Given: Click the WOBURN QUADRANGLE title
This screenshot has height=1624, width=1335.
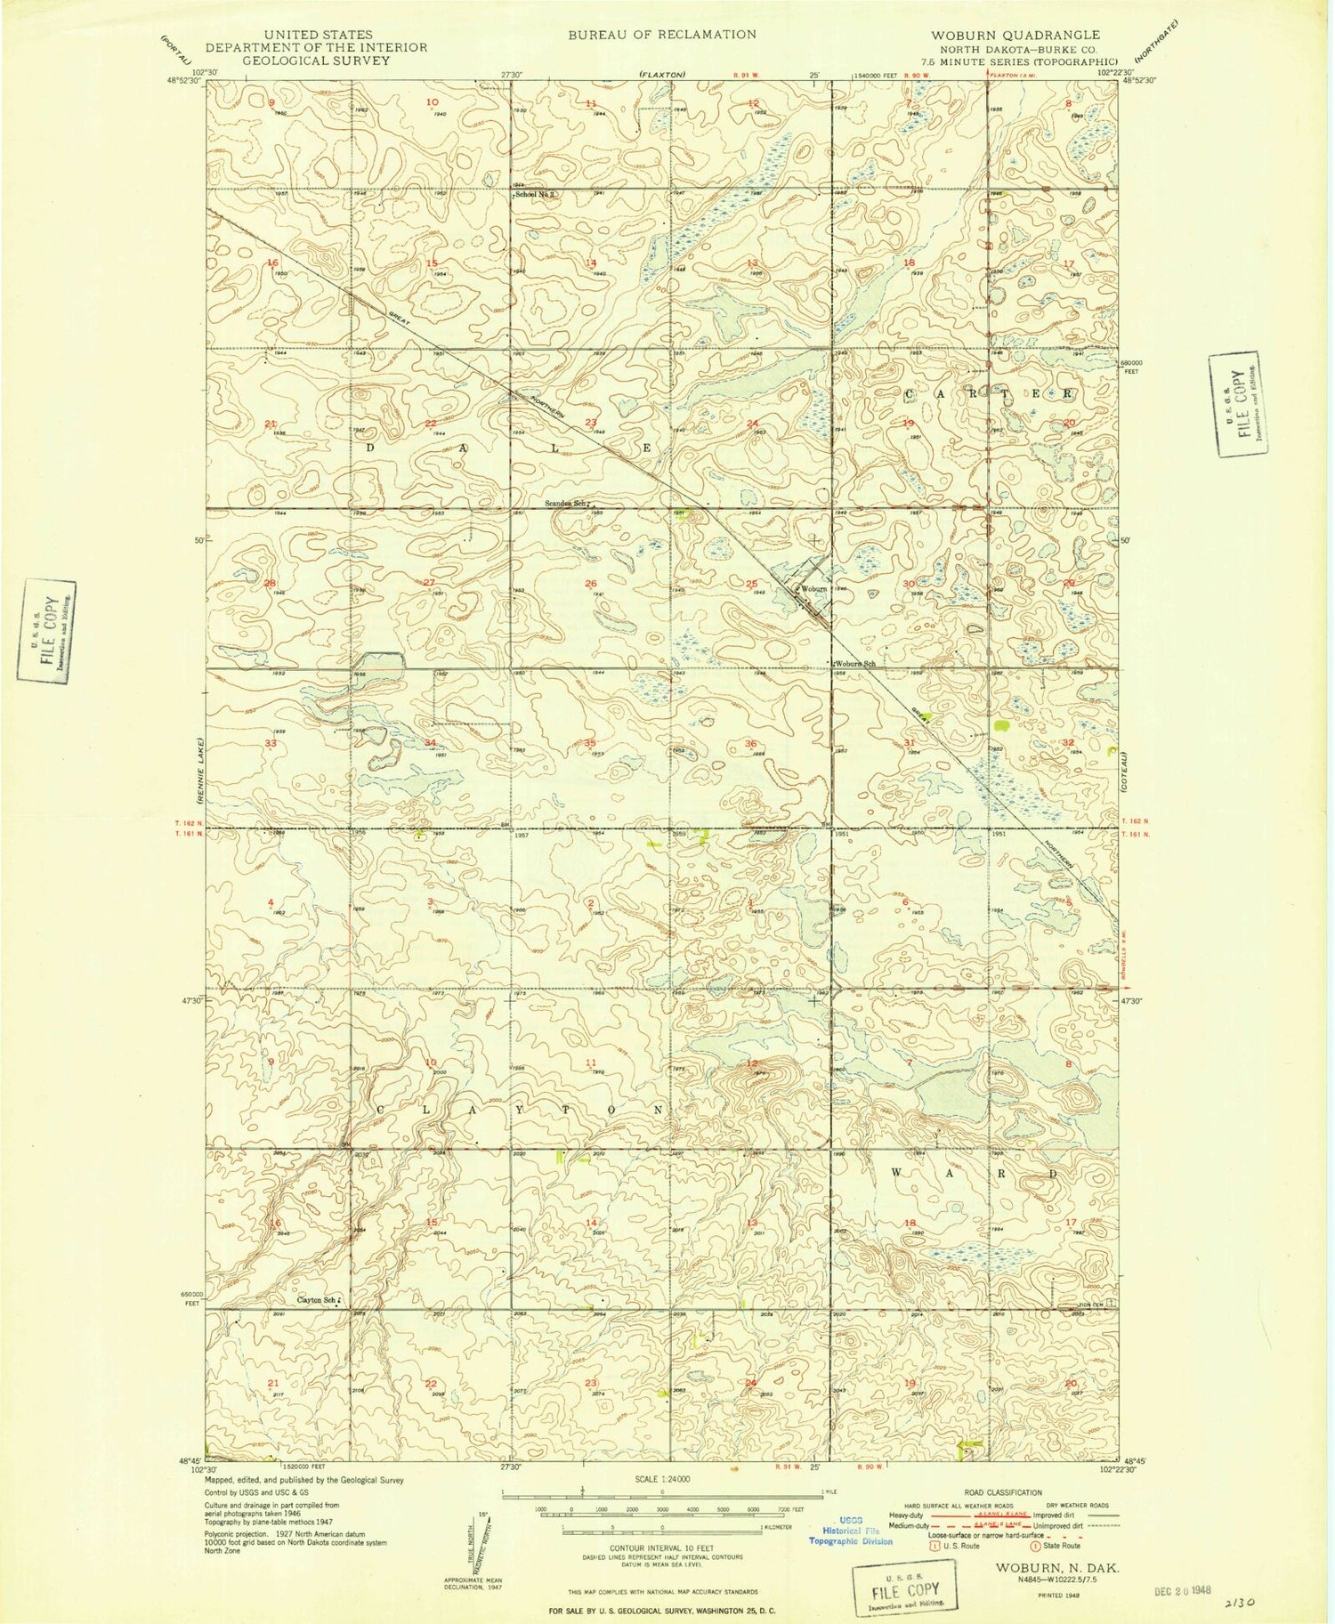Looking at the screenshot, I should (x=1015, y=36).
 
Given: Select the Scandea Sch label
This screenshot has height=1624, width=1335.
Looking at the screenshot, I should (x=565, y=504).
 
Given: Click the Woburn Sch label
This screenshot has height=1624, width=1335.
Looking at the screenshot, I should (x=855, y=664).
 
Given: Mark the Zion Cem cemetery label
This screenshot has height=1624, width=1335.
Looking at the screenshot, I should (x=1071, y=1304).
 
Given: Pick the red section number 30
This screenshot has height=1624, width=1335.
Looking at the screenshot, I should (x=909, y=584).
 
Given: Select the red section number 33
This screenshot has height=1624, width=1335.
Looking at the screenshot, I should (x=271, y=743).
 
